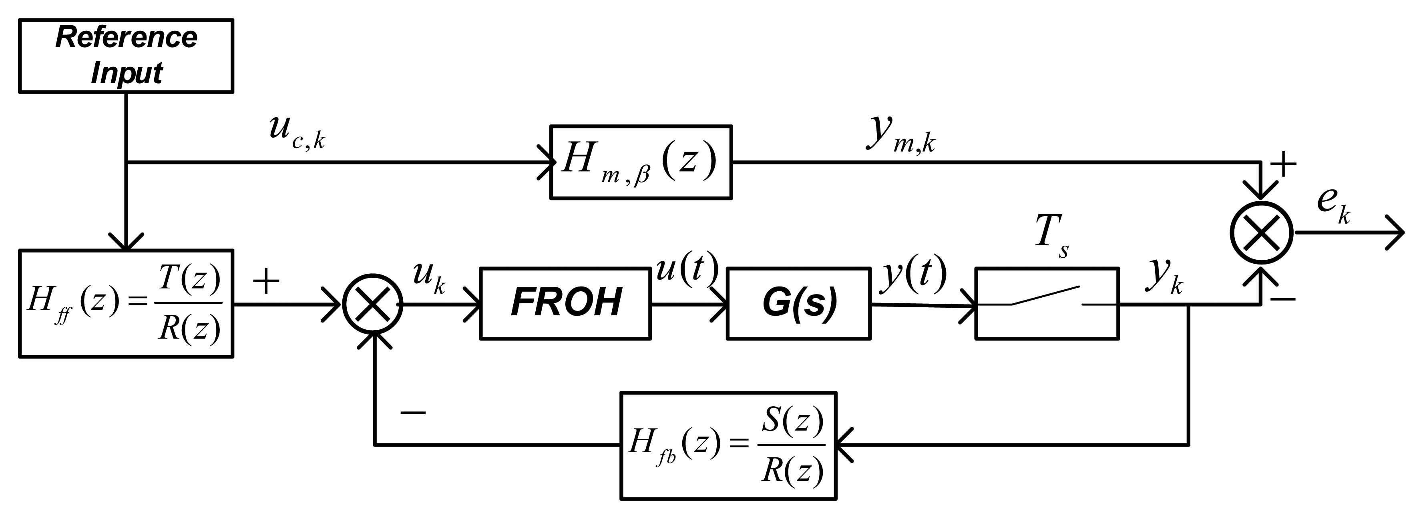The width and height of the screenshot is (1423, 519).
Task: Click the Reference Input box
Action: coord(126,56)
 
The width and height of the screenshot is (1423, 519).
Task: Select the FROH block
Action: coord(565,303)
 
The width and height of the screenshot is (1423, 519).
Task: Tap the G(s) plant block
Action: coord(798,303)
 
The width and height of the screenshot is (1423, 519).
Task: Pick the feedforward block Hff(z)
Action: coord(126,304)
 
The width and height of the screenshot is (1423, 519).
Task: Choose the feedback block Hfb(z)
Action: coord(728,445)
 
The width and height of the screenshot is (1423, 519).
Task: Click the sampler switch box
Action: coord(1047,303)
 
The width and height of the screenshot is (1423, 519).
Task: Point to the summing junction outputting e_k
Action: coord(1262,232)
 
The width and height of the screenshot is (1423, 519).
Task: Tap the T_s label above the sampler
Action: coord(1051,234)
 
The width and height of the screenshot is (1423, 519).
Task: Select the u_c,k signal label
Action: coord(296,132)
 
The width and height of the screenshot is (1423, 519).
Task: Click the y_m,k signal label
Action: coord(900,135)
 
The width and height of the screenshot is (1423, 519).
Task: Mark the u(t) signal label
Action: coord(687,269)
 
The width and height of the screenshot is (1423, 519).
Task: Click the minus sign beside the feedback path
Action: coord(413,412)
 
